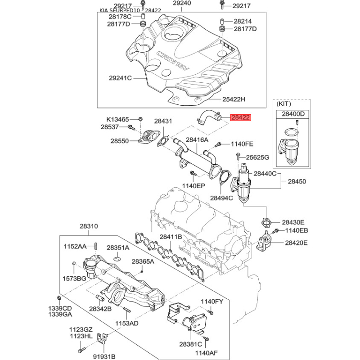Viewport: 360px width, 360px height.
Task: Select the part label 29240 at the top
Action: click(x=182, y=4)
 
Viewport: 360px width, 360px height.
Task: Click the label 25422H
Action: click(x=234, y=99)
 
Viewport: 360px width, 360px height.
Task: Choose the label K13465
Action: click(x=117, y=119)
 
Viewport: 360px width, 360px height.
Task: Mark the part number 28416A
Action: click(x=197, y=140)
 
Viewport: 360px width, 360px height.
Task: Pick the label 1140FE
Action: click(x=242, y=144)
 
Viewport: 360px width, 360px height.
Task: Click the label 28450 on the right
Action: click(x=297, y=181)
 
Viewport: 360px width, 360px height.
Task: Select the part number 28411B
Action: click(x=171, y=237)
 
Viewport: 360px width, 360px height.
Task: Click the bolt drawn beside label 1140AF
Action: click(x=206, y=338)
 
